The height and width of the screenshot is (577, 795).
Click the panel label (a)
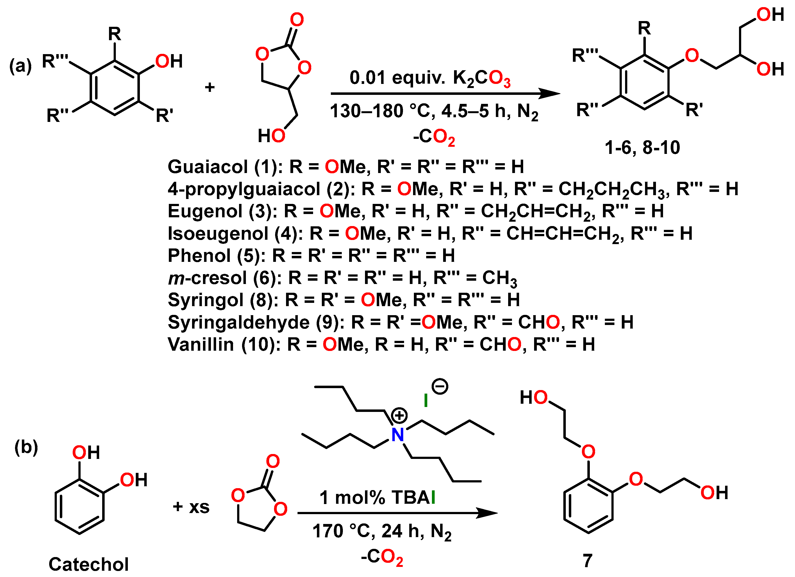coord(20,66)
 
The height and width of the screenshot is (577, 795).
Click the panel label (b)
coord(26,447)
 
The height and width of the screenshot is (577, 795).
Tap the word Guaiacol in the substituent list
coord(208,167)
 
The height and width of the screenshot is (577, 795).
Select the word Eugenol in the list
coord(205,211)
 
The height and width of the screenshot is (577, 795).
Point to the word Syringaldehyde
coord(238,322)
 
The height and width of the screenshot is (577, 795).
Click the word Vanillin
coord(201,344)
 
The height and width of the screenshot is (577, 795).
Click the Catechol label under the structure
coord(88,564)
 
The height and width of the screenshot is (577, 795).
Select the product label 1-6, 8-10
coord(642,147)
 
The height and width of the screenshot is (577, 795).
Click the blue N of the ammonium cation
coord(397,435)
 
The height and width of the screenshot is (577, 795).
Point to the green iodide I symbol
coord(426,400)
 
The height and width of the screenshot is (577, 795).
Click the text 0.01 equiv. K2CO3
coord(430,78)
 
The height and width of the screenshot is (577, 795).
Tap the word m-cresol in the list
coord(207,278)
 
